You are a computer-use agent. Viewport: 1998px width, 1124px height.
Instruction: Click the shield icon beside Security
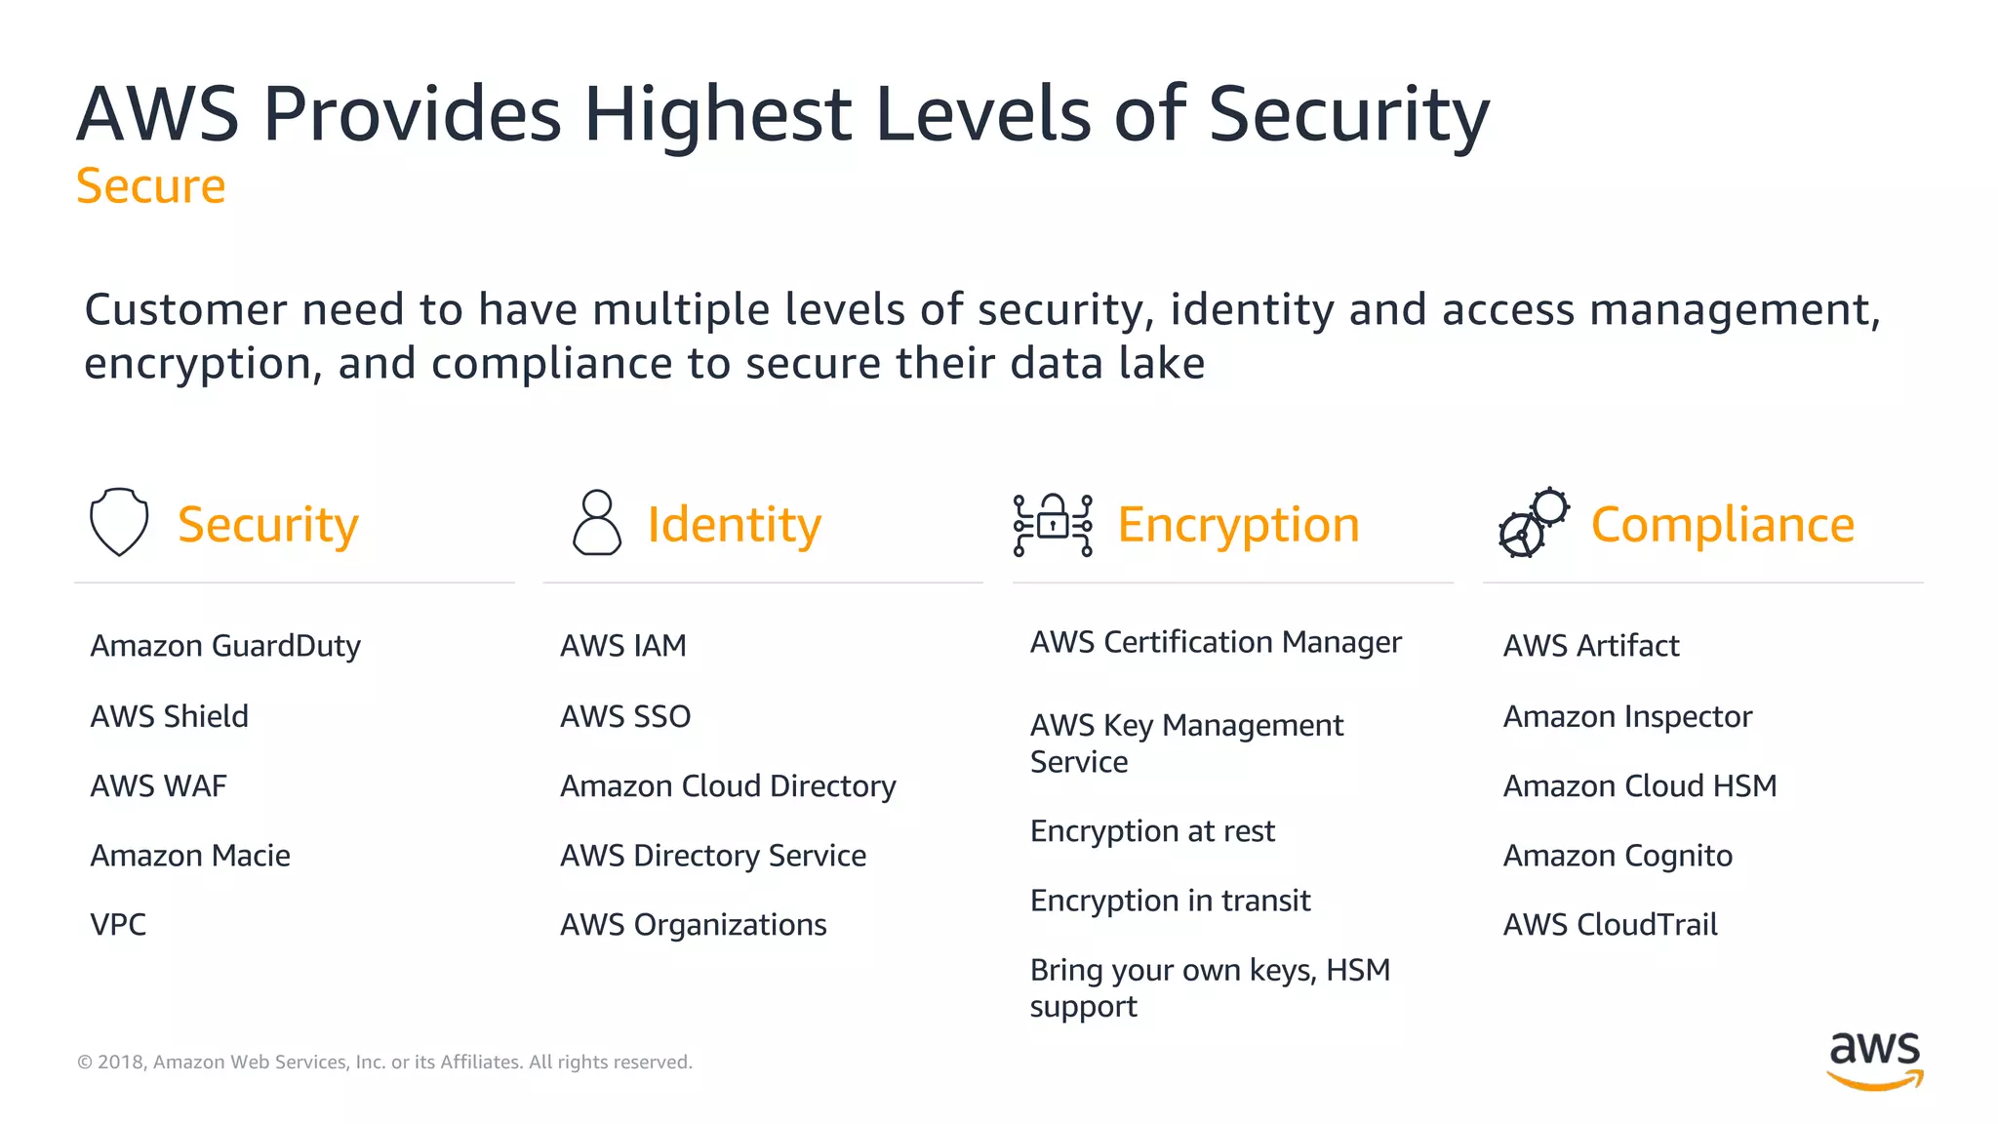[x=119, y=522]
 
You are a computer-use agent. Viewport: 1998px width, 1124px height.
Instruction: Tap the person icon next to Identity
[x=596, y=523]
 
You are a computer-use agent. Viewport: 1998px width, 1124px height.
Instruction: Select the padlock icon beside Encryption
[x=1053, y=524]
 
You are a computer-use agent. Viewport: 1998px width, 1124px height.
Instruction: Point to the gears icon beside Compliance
[x=1534, y=523]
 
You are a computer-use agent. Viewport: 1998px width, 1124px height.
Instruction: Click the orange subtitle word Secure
[x=151, y=185]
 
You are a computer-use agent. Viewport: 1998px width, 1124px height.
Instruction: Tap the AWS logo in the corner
[x=1874, y=1060]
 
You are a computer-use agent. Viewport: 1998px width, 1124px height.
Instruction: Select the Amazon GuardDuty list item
[x=225, y=646]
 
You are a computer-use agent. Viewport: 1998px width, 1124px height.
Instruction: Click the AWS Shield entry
[x=170, y=716]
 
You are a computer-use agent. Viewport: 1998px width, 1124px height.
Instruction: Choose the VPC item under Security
[x=118, y=924]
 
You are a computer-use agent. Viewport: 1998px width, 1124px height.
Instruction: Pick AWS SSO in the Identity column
[x=625, y=716]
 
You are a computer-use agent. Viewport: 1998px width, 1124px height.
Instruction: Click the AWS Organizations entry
[x=693, y=924]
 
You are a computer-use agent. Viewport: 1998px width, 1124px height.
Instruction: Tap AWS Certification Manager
[x=1216, y=642]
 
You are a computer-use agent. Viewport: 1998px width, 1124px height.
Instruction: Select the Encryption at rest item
[x=1152, y=831]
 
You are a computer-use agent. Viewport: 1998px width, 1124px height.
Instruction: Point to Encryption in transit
[x=1170, y=901]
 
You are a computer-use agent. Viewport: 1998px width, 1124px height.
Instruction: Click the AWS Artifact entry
[x=1591, y=646]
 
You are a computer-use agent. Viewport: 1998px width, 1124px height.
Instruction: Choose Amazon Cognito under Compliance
[x=1618, y=856]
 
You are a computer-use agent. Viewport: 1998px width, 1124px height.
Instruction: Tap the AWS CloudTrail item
[x=1610, y=924]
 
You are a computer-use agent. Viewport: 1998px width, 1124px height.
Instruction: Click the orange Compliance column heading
[x=1722, y=525]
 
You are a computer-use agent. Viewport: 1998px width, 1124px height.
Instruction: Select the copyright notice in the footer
[x=384, y=1062]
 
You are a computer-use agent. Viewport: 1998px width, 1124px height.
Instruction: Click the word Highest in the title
[x=718, y=115]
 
